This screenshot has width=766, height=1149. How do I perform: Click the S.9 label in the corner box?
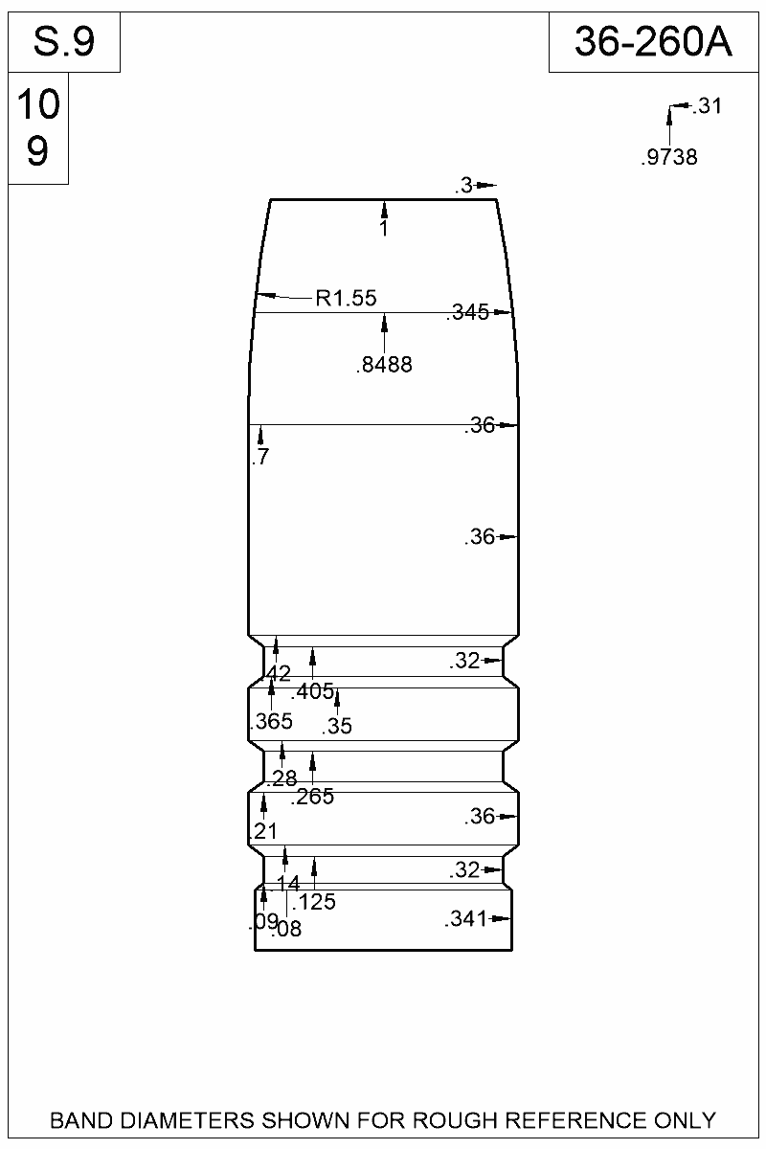[64, 41]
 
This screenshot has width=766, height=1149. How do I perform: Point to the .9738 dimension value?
[669, 158]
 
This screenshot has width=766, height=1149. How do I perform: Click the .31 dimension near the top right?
[706, 106]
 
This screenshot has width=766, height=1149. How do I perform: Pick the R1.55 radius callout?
[346, 299]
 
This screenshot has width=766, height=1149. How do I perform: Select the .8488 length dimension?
[384, 365]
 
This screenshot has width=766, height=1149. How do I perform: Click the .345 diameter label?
[467, 312]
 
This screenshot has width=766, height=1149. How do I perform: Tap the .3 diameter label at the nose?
[464, 187]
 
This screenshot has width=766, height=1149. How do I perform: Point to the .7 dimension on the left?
[259, 458]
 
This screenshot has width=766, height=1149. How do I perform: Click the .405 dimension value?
[311, 691]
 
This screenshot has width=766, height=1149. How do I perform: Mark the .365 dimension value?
[271, 722]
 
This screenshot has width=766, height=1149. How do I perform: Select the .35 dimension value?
[338, 727]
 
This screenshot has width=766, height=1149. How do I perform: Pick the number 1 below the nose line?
[384, 230]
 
